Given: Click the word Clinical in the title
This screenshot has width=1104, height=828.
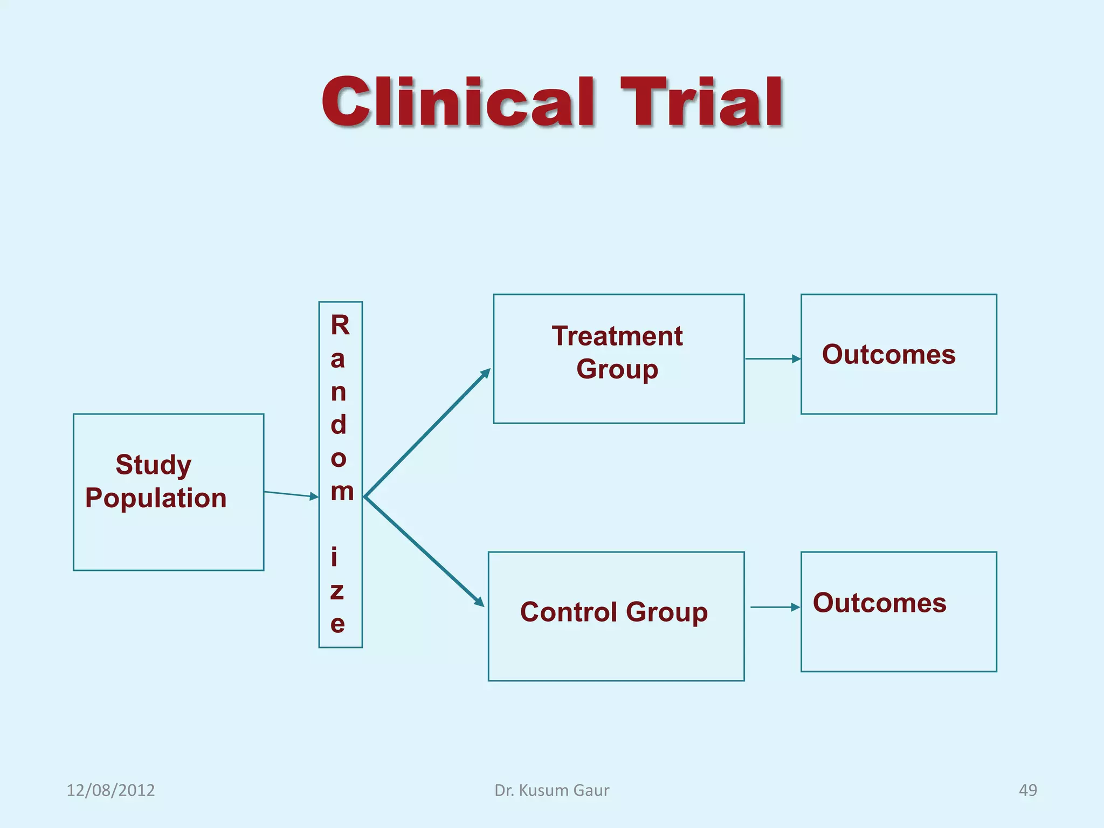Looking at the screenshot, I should pos(458,102).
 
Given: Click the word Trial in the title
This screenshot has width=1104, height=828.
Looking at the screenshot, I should pos(701,102).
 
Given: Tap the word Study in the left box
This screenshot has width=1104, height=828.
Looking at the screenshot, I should pos(154,465).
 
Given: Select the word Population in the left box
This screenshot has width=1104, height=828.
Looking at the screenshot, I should pos(156,498).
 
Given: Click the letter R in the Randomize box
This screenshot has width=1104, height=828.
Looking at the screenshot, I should pos(340,326).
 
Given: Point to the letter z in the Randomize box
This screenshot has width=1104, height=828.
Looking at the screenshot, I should pos(337,591).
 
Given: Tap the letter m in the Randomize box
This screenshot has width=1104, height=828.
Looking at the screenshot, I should pos(342,492).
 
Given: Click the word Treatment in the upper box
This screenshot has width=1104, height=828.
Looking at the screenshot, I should pos(617,336).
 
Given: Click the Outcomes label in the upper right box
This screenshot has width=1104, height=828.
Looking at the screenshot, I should pos(888,355).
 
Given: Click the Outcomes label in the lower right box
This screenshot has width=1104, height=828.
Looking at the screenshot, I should pos(879,603).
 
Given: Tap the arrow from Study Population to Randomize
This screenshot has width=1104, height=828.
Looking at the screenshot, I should pos(291,494).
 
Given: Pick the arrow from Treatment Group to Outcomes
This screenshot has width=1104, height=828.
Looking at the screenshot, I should pos(772,358).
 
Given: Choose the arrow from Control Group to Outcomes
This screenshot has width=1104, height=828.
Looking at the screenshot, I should pos(775,607).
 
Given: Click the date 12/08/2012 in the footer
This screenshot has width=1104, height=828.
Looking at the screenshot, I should pos(111,790).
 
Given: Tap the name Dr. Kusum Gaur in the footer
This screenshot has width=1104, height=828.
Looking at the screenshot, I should pos(552,790).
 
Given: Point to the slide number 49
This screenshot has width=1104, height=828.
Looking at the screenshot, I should pos(1027,790).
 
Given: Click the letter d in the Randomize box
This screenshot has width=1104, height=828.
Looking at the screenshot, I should pos(339,425).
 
